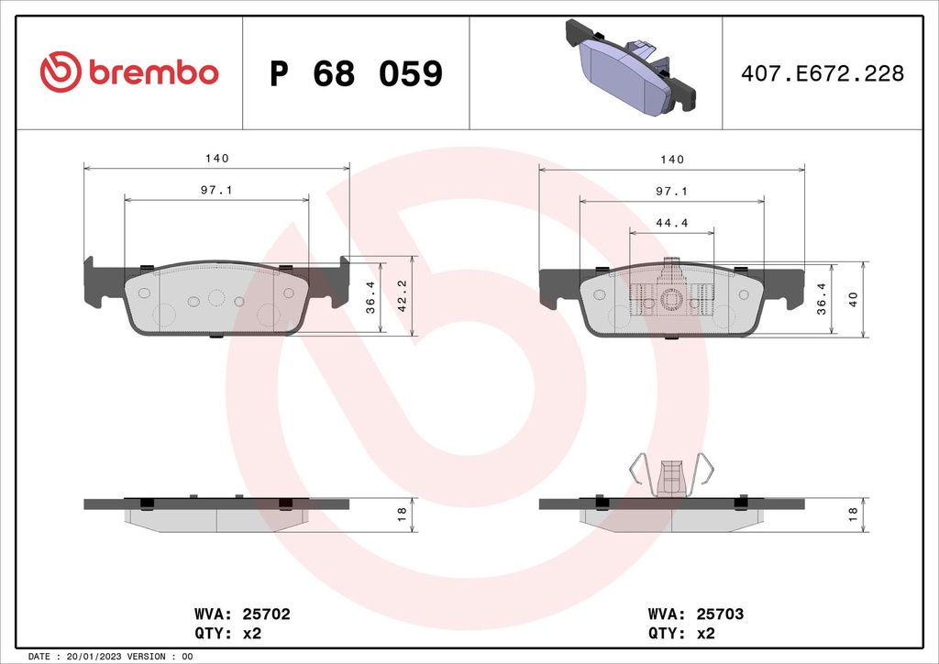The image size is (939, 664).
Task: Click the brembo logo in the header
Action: click(128, 72)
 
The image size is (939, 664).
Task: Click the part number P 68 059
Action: click(356, 74)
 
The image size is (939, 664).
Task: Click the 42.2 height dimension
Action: click(402, 296)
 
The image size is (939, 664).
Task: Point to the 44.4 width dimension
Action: click(672, 223)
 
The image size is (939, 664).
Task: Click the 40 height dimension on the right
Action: click(853, 299)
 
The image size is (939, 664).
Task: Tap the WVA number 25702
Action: click(266, 614)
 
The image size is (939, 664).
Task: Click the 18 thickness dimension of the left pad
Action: click(401, 515)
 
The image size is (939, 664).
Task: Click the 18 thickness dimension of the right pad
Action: click(853, 515)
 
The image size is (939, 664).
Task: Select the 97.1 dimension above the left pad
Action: click(216, 190)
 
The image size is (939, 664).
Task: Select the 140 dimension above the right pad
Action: click(672, 160)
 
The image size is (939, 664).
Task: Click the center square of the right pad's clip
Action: click(672, 299)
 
